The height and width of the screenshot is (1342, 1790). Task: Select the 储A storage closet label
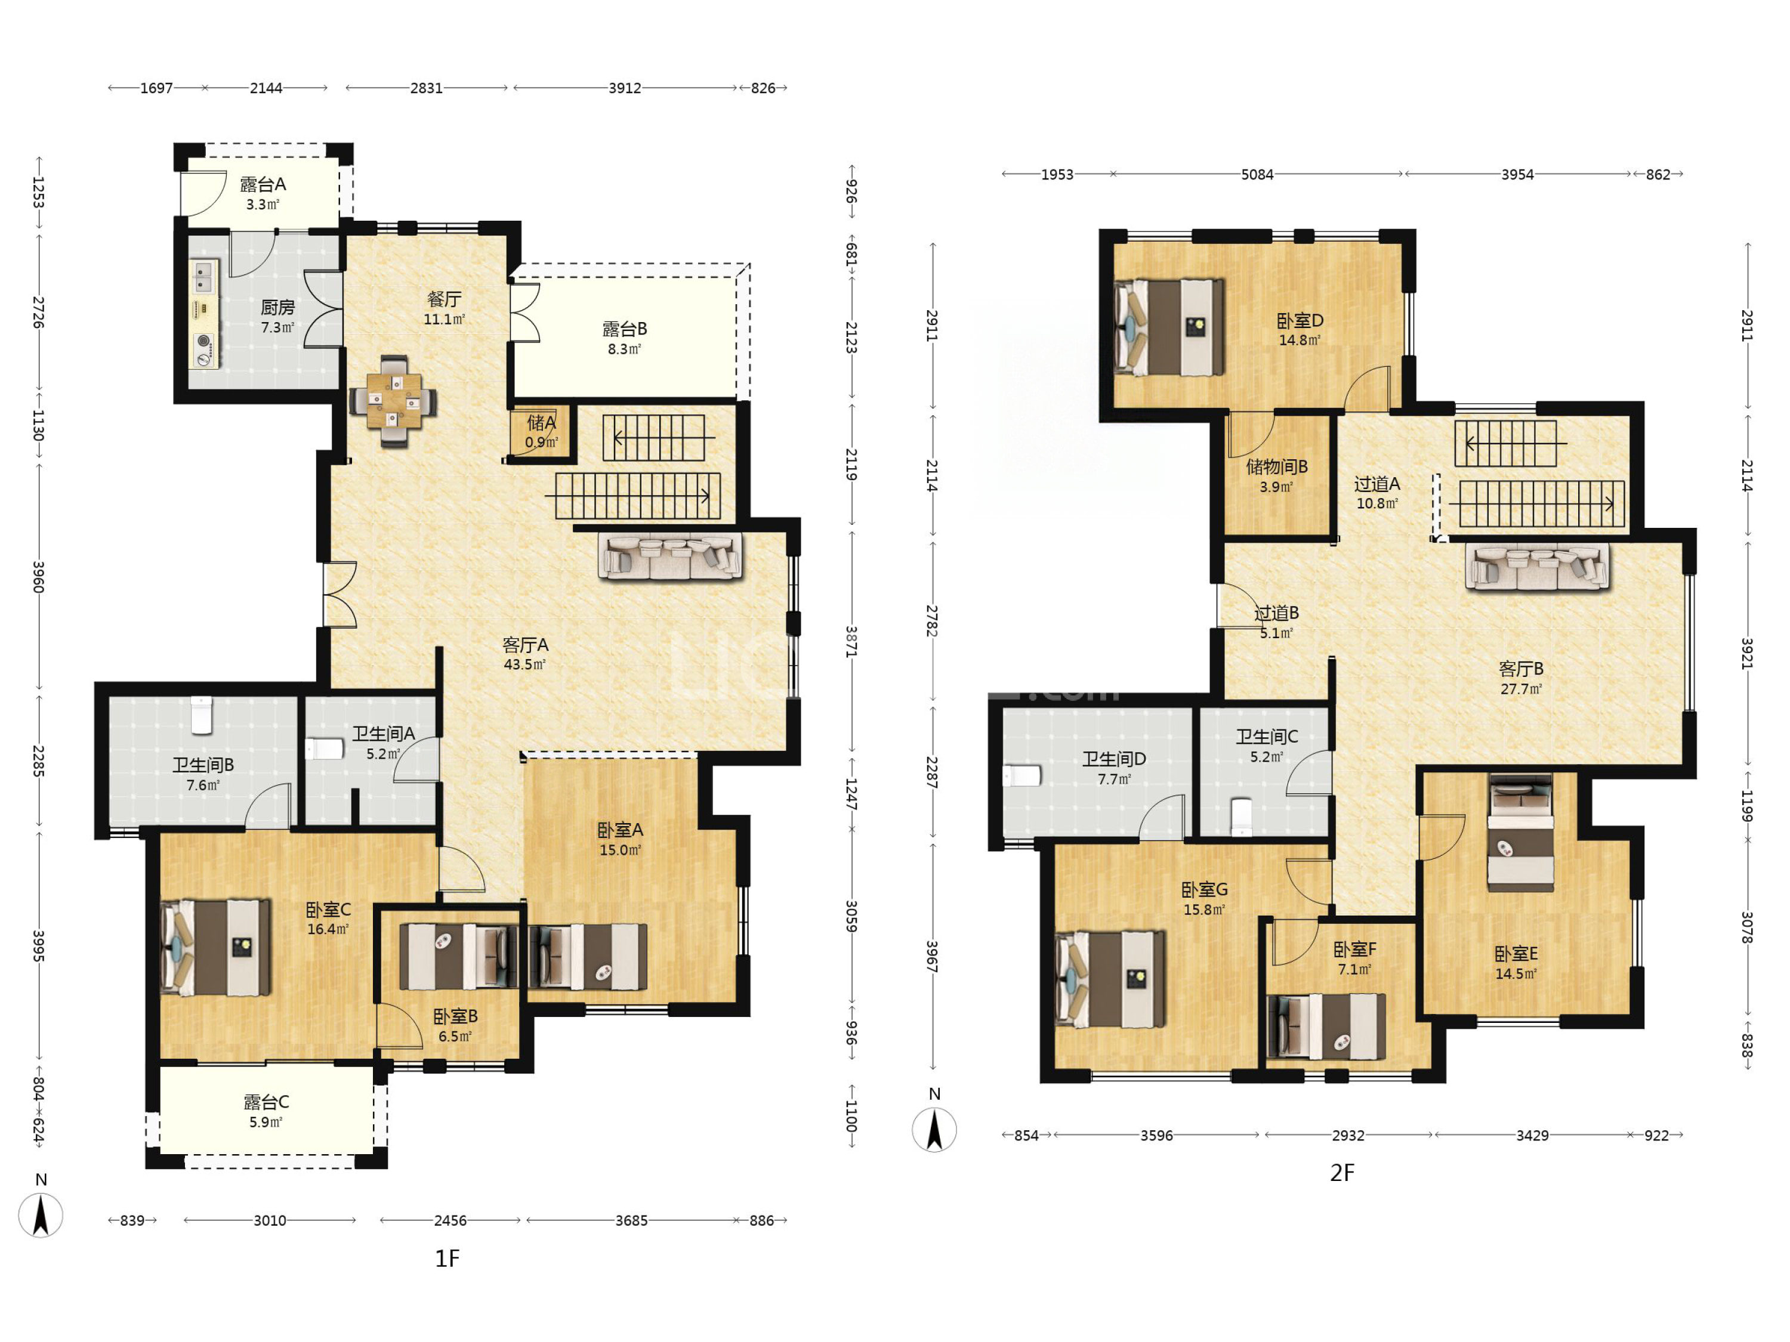click(541, 422)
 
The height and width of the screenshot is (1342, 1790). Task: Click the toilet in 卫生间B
click(202, 715)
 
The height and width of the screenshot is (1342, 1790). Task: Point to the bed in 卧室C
click(216, 947)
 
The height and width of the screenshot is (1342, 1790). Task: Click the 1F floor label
click(447, 1258)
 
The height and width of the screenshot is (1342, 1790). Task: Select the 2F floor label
click(1342, 1172)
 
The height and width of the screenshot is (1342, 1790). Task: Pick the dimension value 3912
click(625, 87)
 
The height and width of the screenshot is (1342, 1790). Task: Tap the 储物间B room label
click(1277, 467)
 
